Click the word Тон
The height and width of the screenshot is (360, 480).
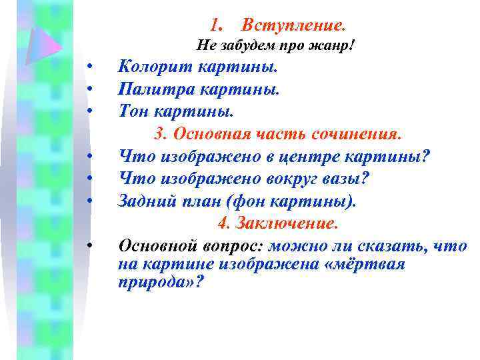tap(133, 109)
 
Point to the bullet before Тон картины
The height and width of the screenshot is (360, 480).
tap(89, 109)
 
